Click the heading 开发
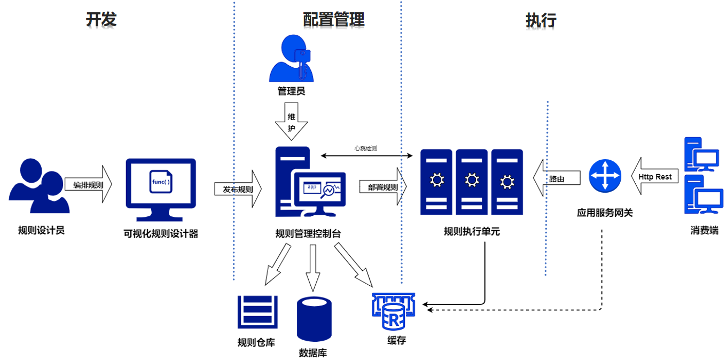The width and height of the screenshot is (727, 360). click(x=101, y=20)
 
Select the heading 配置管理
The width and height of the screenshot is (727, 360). click(x=334, y=20)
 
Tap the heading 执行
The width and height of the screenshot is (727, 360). click(x=541, y=20)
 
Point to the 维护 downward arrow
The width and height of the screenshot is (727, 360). click(x=291, y=121)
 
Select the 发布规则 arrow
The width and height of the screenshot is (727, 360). click(x=238, y=189)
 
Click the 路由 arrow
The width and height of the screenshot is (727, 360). click(x=556, y=178)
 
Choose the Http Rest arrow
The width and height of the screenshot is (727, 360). click(x=655, y=176)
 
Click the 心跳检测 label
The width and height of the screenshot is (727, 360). click(x=365, y=148)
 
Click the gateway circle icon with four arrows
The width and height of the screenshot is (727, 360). click(x=605, y=176)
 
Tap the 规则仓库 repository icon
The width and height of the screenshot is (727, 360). click(x=257, y=312)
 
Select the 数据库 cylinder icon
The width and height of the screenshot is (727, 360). click(x=314, y=318)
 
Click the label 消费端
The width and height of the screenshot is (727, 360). click(x=704, y=231)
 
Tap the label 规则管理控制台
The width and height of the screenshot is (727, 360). click(x=308, y=233)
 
